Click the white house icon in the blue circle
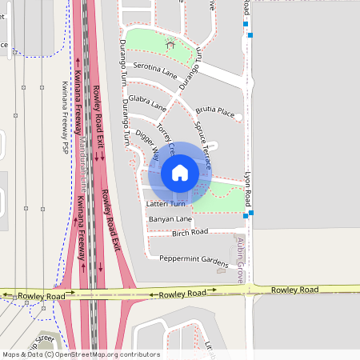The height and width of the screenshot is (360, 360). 180,172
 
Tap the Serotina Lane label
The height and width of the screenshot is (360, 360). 155,70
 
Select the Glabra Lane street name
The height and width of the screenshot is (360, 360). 147,103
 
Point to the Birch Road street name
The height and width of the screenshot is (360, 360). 190,232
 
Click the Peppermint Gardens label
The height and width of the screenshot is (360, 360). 193,259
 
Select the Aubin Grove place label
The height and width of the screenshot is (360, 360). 239,261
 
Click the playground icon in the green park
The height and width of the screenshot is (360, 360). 170,44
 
